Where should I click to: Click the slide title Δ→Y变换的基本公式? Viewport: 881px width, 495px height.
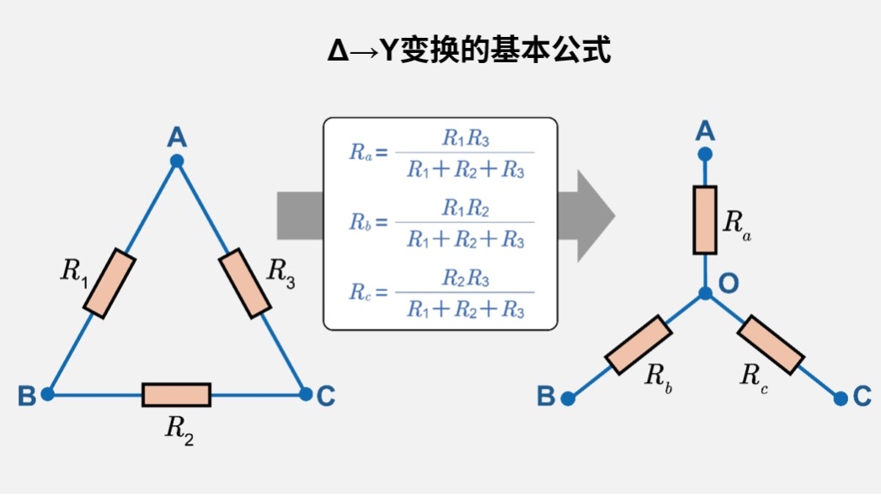468,51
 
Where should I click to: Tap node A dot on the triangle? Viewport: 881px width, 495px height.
177,161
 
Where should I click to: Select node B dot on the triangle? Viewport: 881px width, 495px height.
48,394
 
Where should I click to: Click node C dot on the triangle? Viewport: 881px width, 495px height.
306,394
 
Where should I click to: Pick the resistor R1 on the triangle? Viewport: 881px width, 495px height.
111,285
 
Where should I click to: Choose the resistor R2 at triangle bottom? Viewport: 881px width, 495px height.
176,394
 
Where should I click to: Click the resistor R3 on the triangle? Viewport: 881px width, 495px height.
244,284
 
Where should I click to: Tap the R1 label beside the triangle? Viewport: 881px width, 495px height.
74,271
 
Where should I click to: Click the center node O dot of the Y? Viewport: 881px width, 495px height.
706,294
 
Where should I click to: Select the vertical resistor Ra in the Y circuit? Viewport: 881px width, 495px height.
706,220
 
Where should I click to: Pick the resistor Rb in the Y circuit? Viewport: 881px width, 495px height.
639,345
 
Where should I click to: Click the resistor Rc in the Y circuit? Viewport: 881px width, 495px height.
771,344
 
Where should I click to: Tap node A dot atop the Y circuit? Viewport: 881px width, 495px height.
706,154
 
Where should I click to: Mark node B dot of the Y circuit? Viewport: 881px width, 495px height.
569,398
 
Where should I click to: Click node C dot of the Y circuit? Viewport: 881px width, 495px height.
840,397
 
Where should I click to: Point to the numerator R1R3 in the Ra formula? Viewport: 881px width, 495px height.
465,139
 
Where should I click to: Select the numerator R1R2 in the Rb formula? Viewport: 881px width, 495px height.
465,208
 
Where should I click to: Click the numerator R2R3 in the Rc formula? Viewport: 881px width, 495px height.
465,278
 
